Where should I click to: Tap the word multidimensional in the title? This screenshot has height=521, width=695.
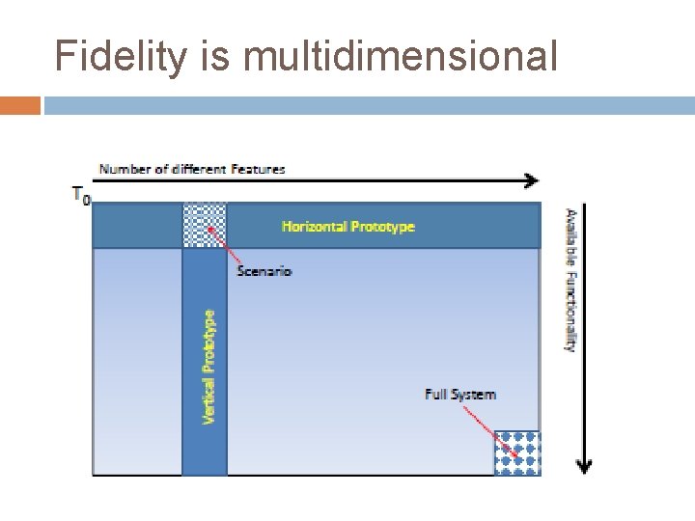[401, 57]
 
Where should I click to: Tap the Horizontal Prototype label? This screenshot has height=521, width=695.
[348, 227]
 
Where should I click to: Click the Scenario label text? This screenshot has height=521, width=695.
[264, 271]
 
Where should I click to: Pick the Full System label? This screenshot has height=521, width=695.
[460, 394]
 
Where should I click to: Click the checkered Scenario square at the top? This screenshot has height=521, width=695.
[204, 225]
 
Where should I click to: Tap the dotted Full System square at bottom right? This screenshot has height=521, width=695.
[517, 452]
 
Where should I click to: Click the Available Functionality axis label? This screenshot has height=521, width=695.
[570, 280]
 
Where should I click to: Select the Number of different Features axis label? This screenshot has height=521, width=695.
[192, 169]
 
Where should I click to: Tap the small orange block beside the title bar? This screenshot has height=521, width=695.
[20, 104]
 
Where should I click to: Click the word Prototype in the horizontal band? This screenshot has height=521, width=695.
[382, 227]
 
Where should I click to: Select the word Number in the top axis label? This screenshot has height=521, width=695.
[119, 169]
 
